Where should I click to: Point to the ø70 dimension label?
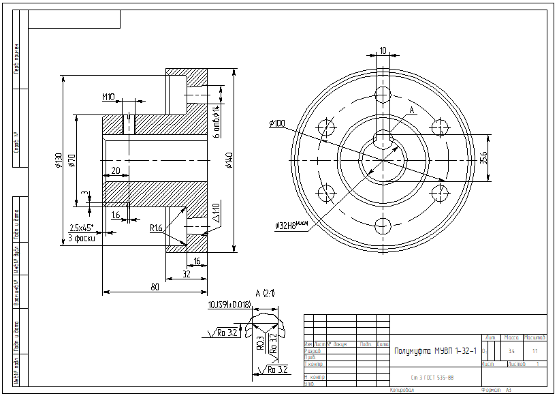coord(71,161)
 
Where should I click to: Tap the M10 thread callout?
coord(109,97)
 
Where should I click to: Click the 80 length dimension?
coord(155,287)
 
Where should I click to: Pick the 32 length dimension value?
coord(187,273)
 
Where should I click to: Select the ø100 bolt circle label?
coord(277,123)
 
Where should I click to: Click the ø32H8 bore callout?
coord(291,225)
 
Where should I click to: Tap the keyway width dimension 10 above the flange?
coord(383,50)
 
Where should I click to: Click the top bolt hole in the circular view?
coord(383,93)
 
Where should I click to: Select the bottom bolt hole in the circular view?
coord(383,225)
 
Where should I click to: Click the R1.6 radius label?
coord(157,228)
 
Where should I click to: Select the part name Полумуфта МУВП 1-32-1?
coord(435,350)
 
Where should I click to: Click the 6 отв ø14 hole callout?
coord(217,121)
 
